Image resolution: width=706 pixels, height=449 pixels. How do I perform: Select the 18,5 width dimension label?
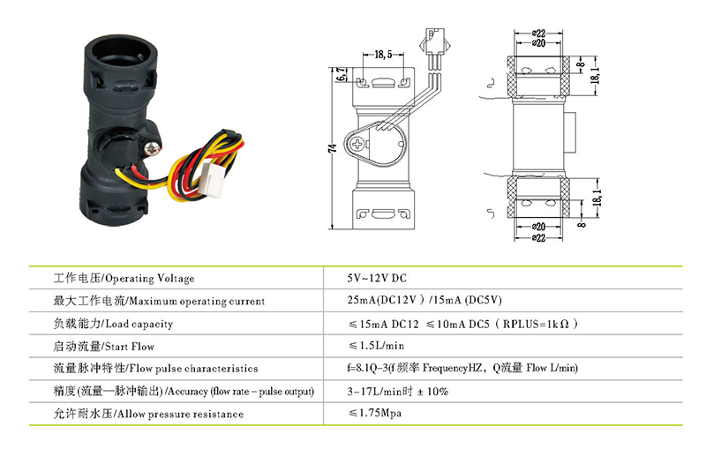383,55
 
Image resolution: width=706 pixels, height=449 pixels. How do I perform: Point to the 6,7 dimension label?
341,78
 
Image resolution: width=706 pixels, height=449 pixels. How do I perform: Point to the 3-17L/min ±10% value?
398,391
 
